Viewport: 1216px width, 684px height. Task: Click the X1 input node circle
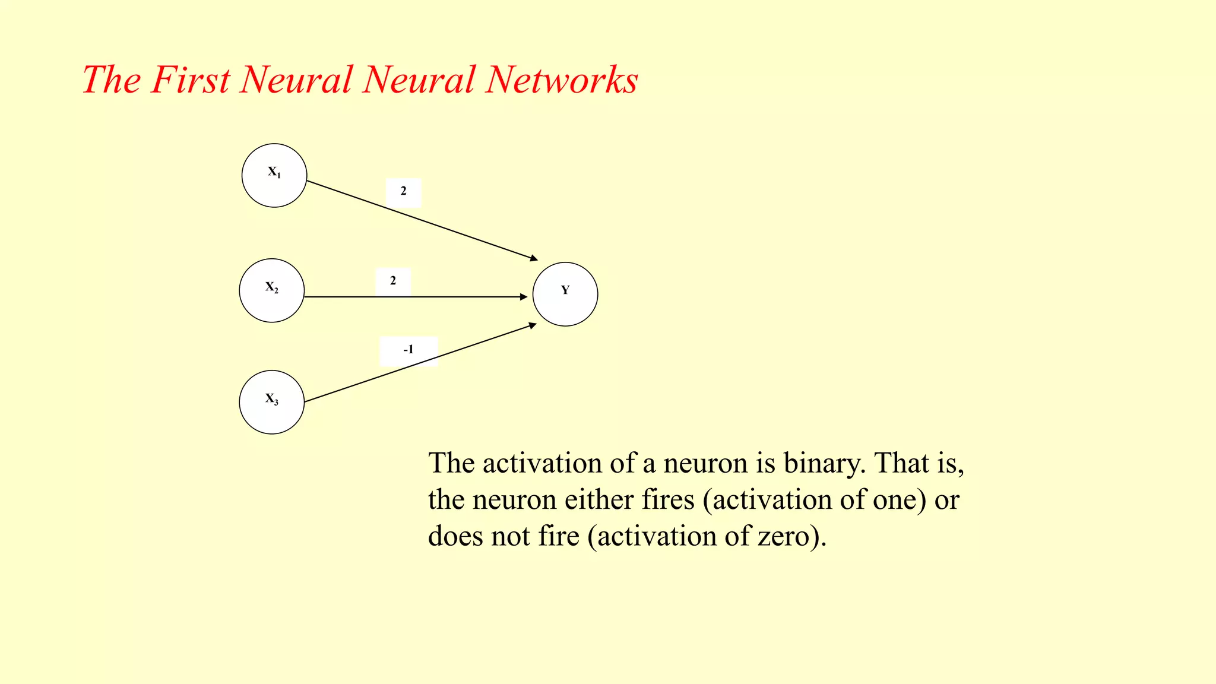[274, 175]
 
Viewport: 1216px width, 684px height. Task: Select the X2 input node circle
[272, 290]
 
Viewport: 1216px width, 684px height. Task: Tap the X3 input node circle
[272, 402]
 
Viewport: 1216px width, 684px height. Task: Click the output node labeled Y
[565, 294]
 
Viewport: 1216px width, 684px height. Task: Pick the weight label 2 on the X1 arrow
[404, 192]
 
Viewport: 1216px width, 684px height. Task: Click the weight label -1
[408, 350]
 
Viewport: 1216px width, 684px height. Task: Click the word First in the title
[190, 80]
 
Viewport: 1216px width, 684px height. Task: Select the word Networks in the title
[561, 80]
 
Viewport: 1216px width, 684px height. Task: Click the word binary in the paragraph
[824, 463]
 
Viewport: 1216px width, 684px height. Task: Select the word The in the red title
[112, 80]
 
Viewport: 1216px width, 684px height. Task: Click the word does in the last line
[455, 536]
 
